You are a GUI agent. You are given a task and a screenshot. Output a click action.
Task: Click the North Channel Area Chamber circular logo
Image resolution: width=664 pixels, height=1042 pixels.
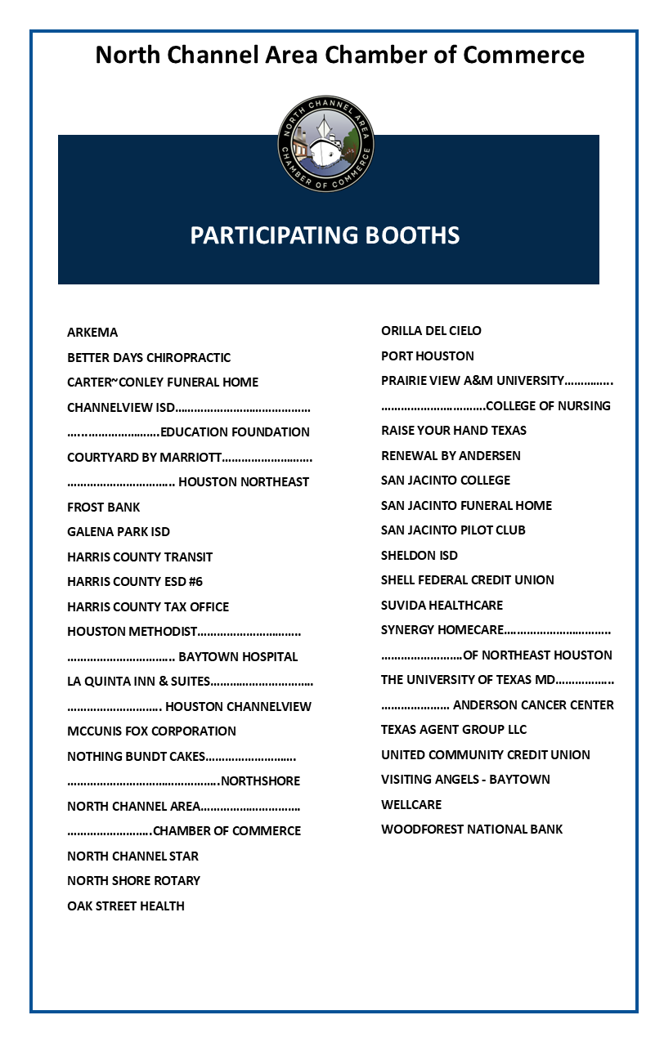coord(325,145)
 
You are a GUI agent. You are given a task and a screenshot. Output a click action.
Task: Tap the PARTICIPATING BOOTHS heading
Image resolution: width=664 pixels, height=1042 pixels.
coord(325,235)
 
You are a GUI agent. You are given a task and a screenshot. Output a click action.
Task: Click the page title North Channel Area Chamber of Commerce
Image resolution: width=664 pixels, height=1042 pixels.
coord(339,55)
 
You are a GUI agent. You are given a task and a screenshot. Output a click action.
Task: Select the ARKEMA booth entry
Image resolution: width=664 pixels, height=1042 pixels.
coord(92,333)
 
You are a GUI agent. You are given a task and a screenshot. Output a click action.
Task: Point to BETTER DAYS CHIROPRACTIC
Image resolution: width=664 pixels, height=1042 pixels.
coord(149,358)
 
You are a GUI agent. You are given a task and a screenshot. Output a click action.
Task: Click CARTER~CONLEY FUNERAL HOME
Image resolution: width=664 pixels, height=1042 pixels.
coord(163,382)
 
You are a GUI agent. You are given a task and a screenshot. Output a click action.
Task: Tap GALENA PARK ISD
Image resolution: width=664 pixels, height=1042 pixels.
coord(119,532)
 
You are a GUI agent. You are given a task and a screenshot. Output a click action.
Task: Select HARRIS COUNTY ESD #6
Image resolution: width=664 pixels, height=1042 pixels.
coord(135,582)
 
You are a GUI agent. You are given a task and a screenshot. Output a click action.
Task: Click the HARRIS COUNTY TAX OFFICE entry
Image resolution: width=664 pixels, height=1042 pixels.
coord(148,607)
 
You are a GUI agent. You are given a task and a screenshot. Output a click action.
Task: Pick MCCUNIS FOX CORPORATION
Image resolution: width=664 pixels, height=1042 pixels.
coord(151,731)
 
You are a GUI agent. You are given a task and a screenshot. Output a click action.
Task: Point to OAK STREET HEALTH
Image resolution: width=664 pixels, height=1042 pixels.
coord(126,906)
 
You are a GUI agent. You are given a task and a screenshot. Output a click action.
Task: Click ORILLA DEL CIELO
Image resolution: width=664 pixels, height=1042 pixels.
coord(431,331)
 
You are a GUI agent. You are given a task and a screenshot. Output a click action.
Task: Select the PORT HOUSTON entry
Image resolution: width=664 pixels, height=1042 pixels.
coord(428,356)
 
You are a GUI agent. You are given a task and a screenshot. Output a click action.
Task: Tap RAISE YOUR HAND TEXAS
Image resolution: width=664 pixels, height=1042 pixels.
coord(454,431)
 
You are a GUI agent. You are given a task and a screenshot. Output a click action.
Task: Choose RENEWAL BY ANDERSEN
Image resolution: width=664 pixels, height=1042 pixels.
coord(451,456)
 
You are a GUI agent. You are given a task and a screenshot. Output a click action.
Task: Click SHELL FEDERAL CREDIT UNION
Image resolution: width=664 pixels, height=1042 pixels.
coord(468,580)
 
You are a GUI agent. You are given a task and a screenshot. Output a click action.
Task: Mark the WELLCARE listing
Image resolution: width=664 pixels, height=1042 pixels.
coord(411,805)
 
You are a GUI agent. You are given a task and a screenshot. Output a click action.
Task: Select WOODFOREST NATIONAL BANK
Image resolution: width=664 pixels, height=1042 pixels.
coord(472,830)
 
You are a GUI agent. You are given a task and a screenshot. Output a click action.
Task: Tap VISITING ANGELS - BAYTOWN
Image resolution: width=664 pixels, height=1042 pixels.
coord(465,780)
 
